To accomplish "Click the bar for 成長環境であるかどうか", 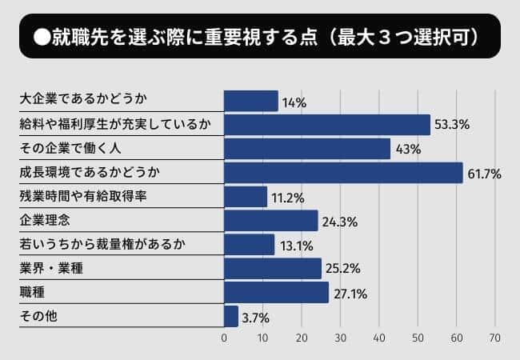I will tap(343, 173).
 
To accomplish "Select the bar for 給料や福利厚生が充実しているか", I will tap(327, 125).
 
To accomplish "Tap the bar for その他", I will tap(231, 317).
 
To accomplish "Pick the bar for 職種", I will tap(276, 293).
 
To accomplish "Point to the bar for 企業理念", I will tap(271, 221).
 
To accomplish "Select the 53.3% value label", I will tap(452, 126).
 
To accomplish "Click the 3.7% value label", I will tap(256, 318).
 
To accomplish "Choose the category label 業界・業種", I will tap(53, 269).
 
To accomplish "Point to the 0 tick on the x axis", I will tap(224, 338).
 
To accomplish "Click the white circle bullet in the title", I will tap(40, 37).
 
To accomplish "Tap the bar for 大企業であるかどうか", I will tap(251, 101).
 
